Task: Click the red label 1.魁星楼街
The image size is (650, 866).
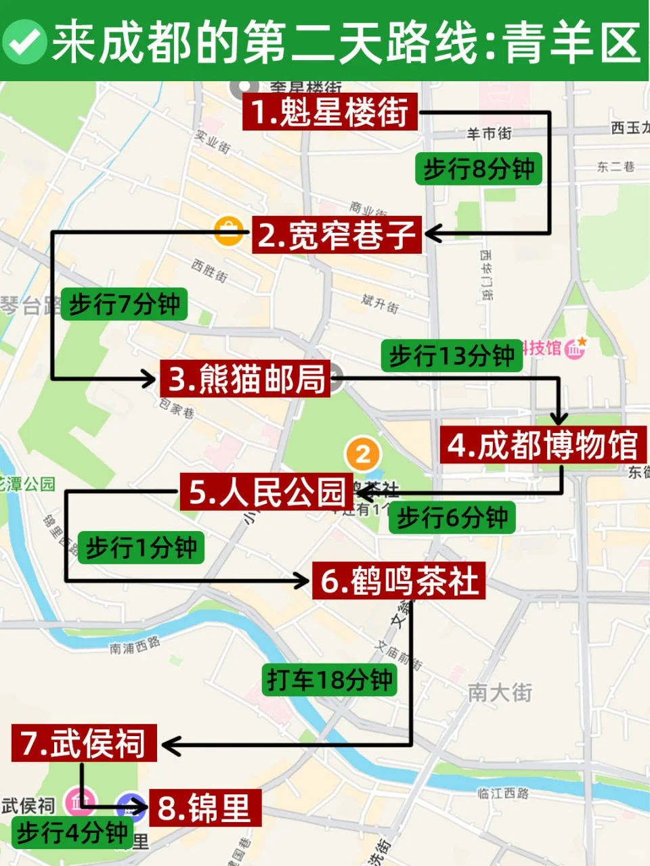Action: click(x=330, y=112)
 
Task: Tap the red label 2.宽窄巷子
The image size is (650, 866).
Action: click(x=337, y=235)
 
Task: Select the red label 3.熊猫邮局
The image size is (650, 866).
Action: click(x=246, y=378)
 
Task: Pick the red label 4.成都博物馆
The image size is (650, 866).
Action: click(x=543, y=445)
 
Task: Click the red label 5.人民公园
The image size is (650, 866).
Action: click(x=267, y=492)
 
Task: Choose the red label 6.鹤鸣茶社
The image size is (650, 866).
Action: click(x=399, y=580)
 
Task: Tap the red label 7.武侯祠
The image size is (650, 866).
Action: click(x=84, y=743)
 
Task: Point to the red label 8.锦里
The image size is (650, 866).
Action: click(x=204, y=807)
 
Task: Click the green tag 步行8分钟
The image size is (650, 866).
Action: click(x=479, y=168)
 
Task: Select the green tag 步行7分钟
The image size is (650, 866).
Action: click(x=124, y=304)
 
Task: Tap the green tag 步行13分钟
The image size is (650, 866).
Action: click(x=452, y=355)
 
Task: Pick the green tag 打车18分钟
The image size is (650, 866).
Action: click(x=329, y=679)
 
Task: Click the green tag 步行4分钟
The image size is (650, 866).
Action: click(x=72, y=831)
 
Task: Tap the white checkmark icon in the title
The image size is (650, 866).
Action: click(x=24, y=41)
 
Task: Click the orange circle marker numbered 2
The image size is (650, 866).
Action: click(x=363, y=455)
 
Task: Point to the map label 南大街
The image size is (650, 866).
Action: click(x=500, y=692)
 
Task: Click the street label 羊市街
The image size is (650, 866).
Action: click(x=489, y=133)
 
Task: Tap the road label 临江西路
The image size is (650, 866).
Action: click(x=502, y=793)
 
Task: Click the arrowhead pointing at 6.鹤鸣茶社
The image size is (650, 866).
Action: click(x=301, y=580)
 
